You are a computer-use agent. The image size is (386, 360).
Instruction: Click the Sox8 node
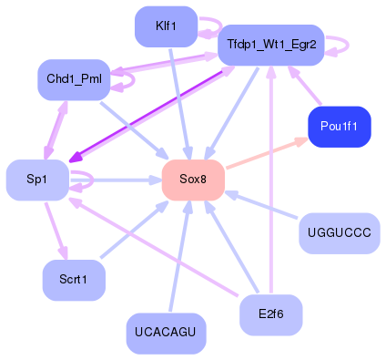tap(193, 180)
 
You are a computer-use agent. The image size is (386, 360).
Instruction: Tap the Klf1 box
tap(166, 26)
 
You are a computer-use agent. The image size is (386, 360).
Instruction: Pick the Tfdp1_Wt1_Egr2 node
tap(270, 45)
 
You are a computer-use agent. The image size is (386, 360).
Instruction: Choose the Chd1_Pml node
tap(74, 80)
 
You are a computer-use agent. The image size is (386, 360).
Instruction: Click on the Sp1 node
tap(37, 180)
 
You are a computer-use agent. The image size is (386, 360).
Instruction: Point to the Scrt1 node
tap(74, 279)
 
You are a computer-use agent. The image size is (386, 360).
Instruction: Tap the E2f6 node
tap(270, 314)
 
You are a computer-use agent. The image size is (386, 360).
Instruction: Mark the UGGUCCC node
tap(340, 233)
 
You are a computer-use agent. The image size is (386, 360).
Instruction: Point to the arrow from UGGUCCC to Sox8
tap(264, 206)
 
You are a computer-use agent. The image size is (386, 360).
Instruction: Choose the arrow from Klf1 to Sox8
tap(178, 100)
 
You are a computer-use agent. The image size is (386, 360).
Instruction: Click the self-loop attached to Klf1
tap(211, 26)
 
